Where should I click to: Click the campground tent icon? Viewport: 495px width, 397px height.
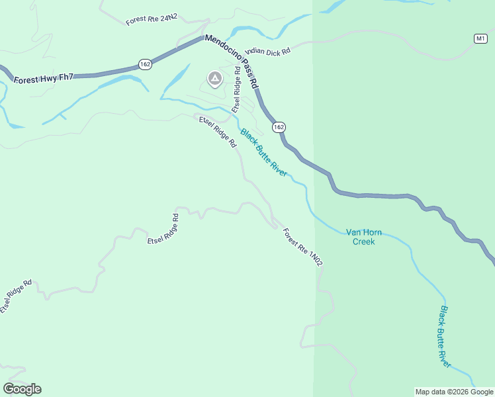[x=215, y=79]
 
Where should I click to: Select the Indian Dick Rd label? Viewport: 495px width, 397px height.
[x=268, y=50]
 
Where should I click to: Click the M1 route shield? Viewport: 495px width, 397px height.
[x=480, y=38]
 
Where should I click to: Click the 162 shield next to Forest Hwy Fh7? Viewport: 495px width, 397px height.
[x=146, y=64]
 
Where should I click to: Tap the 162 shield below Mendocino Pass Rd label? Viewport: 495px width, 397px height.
[x=279, y=126]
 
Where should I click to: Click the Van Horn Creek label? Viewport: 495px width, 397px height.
[x=363, y=237]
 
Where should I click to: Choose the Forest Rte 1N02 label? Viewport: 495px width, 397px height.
[x=303, y=247]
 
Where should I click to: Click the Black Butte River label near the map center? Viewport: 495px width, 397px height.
[x=263, y=153]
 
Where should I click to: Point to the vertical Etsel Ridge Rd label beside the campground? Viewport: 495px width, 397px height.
[x=236, y=93]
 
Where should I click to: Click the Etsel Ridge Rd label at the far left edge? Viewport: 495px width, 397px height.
[x=17, y=296]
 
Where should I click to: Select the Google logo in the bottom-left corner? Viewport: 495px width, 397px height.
[x=22, y=389]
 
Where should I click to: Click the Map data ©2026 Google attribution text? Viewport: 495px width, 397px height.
[x=453, y=392]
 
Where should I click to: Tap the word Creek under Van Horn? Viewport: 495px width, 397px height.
[x=363, y=242]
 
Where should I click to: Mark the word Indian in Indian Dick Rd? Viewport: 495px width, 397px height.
[x=255, y=51]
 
